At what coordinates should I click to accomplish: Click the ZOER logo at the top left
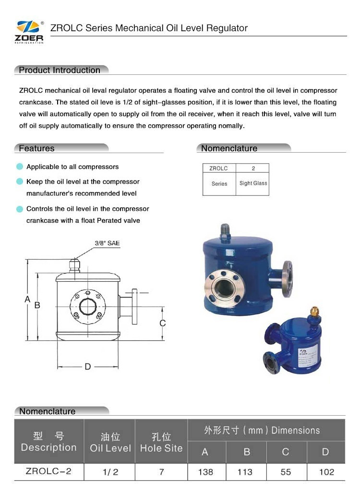29,32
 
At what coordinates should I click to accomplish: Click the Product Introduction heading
60,70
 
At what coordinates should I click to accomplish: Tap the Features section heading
36,148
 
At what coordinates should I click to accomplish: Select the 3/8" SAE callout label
107,243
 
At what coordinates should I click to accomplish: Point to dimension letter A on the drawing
27,299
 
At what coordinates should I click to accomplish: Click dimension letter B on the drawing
37,305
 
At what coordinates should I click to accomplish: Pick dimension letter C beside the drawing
163,323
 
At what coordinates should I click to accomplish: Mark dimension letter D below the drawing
87,367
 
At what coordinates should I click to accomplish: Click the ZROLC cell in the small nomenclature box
219,168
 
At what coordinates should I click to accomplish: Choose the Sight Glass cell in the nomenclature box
253,183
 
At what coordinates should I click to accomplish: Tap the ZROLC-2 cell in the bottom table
48,471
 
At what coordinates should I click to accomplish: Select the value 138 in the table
205,472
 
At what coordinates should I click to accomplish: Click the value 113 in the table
245,472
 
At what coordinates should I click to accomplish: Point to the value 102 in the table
326,472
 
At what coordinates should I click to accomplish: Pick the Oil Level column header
110,442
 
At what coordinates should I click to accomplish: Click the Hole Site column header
161,442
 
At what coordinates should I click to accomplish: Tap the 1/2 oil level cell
110,472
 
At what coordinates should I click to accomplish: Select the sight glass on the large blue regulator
224,288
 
